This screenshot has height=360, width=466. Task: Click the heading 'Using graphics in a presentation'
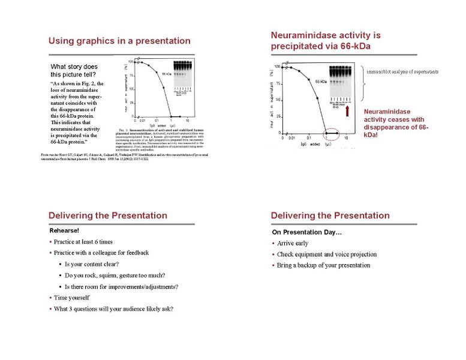(x=119, y=41)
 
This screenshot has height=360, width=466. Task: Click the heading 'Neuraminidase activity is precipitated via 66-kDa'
(x=326, y=41)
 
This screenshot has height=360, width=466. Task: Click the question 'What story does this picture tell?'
(x=74, y=70)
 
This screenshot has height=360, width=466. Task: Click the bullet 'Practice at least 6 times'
(x=83, y=242)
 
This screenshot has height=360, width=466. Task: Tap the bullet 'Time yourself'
(x=71, y=298)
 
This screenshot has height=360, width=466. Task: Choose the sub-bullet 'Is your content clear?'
(x=91, y=264)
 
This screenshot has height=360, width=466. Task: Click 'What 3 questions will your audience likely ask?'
(x=113, y=309)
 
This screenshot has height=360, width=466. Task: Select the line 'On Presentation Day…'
(x=306, y=232)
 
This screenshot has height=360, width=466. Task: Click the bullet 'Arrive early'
(x=293, y=243)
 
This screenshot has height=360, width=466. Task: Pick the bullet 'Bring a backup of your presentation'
(x=323, y=265)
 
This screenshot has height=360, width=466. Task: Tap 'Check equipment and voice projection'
(x=327, y=254)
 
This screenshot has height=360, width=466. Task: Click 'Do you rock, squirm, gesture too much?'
(x=115, y=275)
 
